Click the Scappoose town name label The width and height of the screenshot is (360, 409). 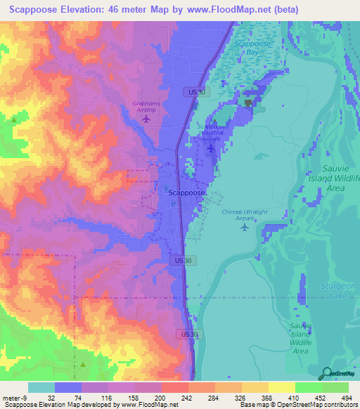pos(188,192)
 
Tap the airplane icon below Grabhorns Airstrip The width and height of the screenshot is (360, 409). pos(146,119)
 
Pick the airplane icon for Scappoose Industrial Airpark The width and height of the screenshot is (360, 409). pos(211,148)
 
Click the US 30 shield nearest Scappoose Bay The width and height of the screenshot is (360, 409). pos(195,91)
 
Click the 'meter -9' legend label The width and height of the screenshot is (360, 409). pos(14,397)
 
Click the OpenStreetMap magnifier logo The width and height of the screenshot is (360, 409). pos(326,375)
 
